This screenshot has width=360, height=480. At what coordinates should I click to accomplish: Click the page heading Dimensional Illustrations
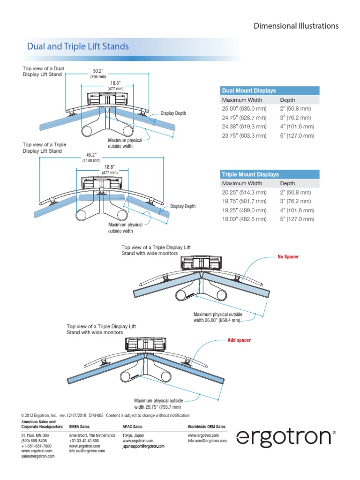coord(296,26)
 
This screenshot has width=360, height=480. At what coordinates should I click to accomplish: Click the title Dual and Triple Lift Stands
coord(78,47)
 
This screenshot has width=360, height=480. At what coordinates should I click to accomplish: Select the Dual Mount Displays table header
coord(249,90)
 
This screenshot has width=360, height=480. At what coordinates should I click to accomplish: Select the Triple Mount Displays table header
coord(250,174)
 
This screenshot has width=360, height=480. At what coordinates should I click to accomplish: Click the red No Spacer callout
coord(288,257)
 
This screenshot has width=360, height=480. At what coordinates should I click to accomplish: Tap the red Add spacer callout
coord(239,340)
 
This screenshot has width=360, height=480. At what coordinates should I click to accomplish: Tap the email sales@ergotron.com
coord(38,456)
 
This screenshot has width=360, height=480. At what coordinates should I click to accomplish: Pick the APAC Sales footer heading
coord(132,427)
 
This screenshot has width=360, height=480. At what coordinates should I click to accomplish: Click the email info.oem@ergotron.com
coord(207,441)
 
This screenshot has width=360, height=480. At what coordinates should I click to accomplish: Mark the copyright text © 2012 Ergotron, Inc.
coord(39,415)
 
